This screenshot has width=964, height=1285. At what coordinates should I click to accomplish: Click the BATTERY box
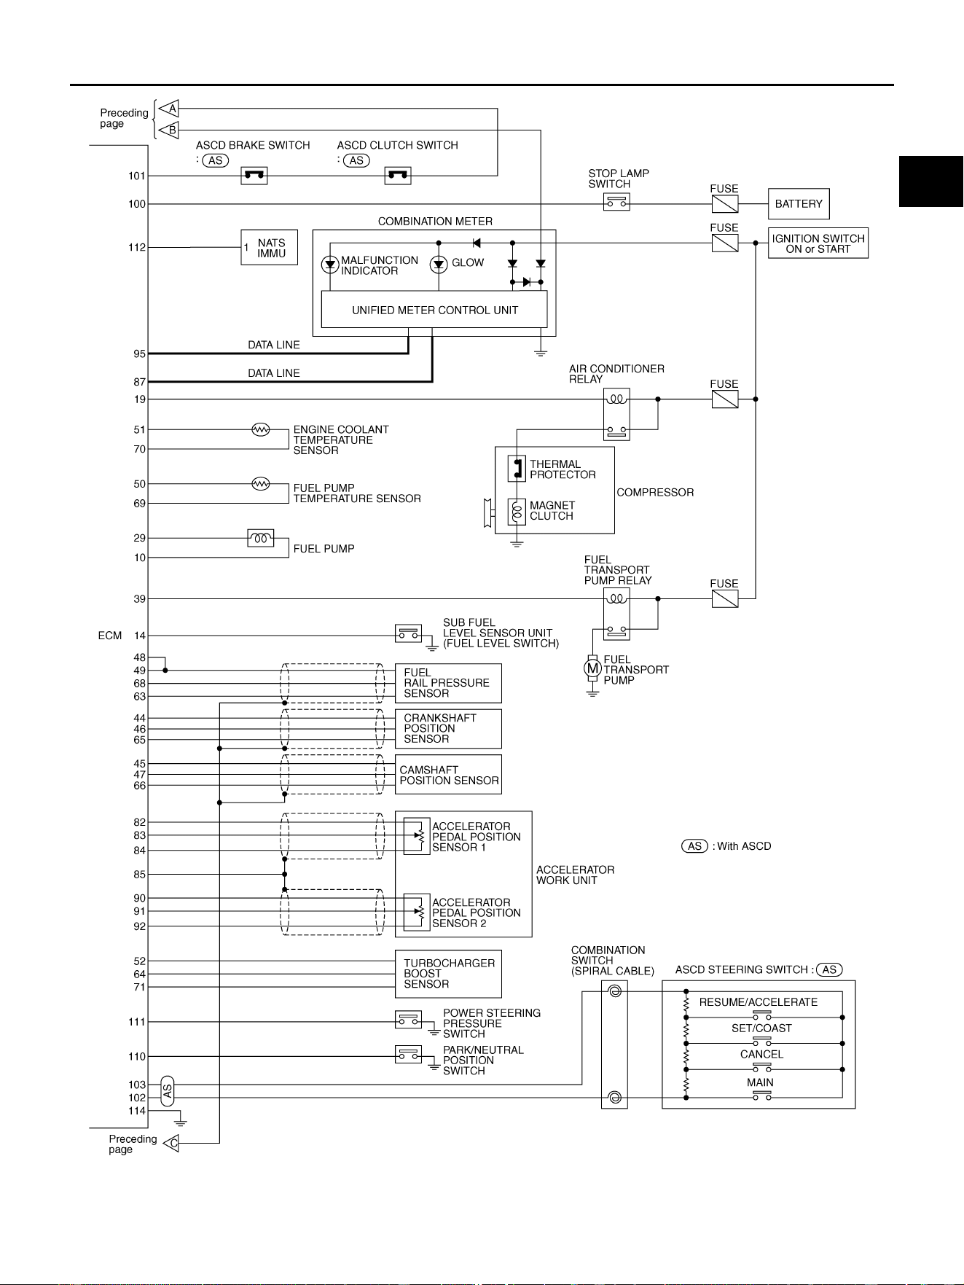tap(799, 204)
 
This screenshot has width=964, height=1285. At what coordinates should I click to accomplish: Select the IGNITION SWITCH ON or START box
tap(818, 243)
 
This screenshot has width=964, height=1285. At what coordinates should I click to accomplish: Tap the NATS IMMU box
tap(270, 248)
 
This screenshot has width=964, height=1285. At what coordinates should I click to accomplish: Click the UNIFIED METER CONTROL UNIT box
tap(434, 310)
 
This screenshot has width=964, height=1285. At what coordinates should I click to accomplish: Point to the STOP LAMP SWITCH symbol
tap(616, 203)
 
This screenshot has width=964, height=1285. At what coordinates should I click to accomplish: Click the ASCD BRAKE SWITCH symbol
tap(254, 176)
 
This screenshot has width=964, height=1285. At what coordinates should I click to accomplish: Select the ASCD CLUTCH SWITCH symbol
tap(398, 176)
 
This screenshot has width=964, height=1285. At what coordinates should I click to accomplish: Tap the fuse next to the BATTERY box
tap(724, 204)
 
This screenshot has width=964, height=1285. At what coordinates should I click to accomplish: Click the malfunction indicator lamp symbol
tap(330, 265)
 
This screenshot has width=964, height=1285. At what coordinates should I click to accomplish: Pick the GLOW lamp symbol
tap(439, 265)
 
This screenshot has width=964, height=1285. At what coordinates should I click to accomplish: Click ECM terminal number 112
tap(137, 247)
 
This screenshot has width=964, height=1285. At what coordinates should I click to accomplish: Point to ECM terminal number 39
tap(140, 599)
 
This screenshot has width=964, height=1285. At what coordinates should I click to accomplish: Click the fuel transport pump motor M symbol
tap(593, 667)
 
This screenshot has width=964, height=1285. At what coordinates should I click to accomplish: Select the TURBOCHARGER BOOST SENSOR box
tap(448, 974)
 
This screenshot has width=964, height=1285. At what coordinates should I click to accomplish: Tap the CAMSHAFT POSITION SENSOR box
tap(448, 775)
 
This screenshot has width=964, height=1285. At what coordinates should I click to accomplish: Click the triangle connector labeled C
tap(171, 1143)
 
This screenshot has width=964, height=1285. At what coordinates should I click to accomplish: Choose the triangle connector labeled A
tap(170, 109)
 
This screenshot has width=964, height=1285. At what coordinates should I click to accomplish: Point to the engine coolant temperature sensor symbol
tap(261, 429)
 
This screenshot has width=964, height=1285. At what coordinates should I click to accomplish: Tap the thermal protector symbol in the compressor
tap(517, 469)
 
